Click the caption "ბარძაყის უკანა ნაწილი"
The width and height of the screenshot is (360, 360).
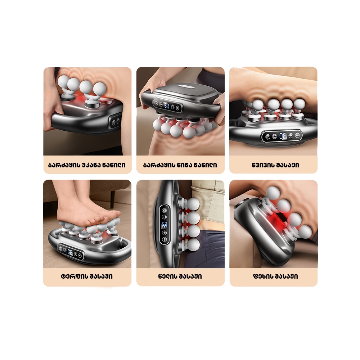click(87, 165)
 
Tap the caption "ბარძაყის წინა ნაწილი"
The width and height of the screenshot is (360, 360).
click(180, 165)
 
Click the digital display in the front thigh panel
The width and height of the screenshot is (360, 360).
click(167, 105)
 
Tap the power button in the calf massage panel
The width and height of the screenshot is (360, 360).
click(275, 136)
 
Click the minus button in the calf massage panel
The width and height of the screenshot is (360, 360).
click(297, 135)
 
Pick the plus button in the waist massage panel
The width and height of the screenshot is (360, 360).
click(165, 233)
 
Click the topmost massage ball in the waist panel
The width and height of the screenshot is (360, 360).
click(193, 204)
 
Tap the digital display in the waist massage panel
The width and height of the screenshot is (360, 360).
click(165, 225)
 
